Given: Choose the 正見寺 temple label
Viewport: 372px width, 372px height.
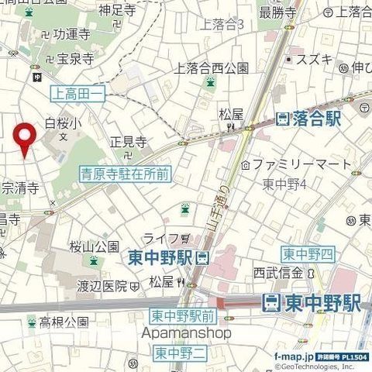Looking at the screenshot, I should click(128, 142).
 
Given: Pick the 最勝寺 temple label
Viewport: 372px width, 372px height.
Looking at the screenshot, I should click(277, 12).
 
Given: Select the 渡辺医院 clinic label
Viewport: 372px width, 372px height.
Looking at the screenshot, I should click(102, 286).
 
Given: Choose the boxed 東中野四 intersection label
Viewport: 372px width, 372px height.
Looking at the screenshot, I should click(308, 254).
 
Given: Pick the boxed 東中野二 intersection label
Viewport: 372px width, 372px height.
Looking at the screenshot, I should click(179, 353).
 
